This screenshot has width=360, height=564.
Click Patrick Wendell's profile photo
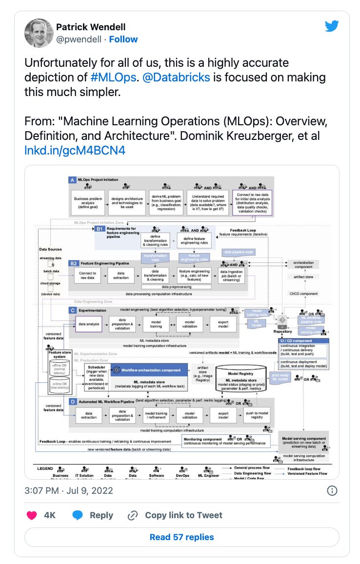point(39,33)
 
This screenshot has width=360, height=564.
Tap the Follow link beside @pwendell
point(123,39)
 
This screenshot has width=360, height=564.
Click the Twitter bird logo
point(332,26)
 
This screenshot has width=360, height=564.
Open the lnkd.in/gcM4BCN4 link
point(75,150)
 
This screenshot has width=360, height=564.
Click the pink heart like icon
point(32,515)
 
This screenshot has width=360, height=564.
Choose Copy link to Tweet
point(175,515)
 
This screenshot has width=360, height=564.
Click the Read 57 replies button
point(181,537)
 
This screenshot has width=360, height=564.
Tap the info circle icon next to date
point(332,490)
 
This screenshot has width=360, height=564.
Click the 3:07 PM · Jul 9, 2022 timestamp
point(69,490)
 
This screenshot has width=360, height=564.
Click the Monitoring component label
point(203,439)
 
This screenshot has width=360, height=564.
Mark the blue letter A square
point(72,180)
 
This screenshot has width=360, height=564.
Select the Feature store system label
point(59,354)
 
